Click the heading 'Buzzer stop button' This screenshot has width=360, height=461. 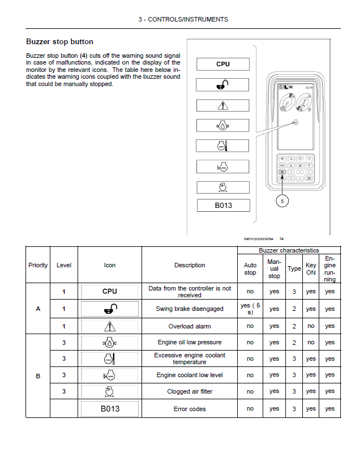coord(59,42)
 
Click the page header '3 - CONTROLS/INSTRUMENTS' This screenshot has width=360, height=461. coord(183,19)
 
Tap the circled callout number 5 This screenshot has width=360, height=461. coord(282,200)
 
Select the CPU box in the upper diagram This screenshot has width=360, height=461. coord(223,64)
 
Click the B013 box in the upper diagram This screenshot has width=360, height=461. coord(223,206)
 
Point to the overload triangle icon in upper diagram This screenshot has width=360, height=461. coord(223,105)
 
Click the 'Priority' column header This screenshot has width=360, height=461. coord(38,265)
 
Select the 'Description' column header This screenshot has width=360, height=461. coord(190,265)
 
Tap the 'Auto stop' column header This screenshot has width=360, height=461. coord(250,268)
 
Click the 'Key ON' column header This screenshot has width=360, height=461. coord(311,268)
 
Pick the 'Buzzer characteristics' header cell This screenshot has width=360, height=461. coord(289,250)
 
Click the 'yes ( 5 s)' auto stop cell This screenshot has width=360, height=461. coord(250,309)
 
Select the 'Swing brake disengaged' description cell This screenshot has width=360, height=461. coord(190,309)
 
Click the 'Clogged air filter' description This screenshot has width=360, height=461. coord(190,391)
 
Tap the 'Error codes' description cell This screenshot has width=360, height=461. coord(190,409)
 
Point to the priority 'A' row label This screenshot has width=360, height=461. coord(38,309)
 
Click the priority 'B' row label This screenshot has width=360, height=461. coord(38,375)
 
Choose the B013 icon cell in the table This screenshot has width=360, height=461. coord(110,409)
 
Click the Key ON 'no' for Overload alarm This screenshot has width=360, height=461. coord(311,326)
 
